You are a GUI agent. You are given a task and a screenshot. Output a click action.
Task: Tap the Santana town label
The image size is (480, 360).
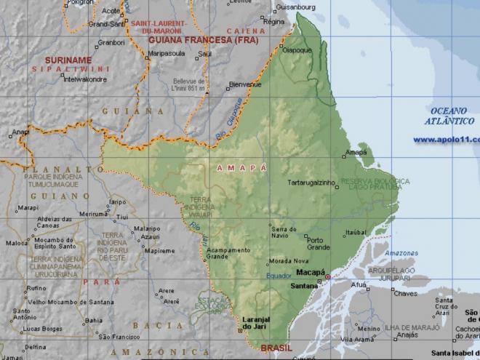click(304, 286)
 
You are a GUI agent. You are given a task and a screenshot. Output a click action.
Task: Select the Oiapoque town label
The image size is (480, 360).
click(296, 50)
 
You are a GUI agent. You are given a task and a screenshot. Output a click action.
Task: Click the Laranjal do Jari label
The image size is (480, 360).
click(255, 325)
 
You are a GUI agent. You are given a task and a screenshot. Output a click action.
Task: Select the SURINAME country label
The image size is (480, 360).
click(68, 60)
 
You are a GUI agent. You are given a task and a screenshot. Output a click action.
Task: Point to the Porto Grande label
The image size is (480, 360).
click(319, 243)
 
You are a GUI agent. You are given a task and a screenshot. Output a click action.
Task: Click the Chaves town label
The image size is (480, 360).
click(405, 294)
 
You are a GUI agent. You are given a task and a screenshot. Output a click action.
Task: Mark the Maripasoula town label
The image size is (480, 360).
click(169, 53)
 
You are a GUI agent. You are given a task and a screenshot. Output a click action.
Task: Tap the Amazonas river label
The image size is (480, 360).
click(401, 253)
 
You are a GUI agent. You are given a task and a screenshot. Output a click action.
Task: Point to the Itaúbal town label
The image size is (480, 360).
click(355, 233)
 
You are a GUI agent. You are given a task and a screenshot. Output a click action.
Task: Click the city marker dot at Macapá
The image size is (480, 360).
click(327, 277)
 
